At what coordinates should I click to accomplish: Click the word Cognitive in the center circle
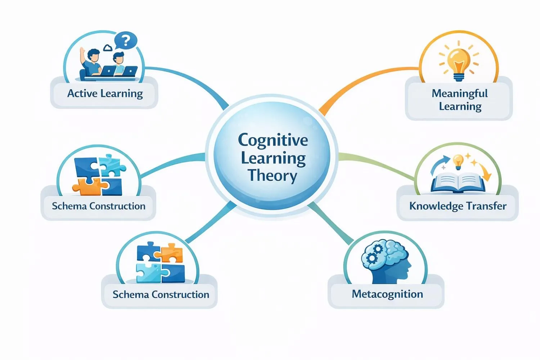click(273, 140)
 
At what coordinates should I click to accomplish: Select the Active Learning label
click(105, 94)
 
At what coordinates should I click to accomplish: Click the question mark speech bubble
click(126, 41)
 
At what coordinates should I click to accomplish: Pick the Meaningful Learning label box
click(459, 100)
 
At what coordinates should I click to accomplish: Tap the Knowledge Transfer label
click(458, 206)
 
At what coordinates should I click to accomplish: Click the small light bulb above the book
click(458, 162)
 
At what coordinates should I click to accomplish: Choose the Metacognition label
click(387, 294)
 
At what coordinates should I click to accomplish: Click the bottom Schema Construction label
click(161, 294)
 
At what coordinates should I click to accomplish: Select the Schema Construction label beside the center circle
click(98, 206)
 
